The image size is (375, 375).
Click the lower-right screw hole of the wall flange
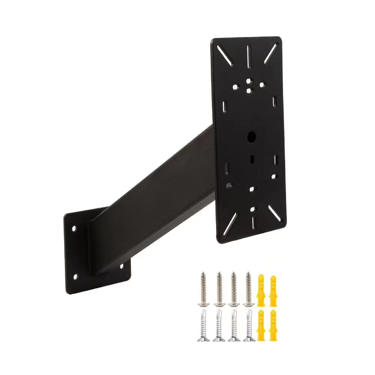[121, 267]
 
